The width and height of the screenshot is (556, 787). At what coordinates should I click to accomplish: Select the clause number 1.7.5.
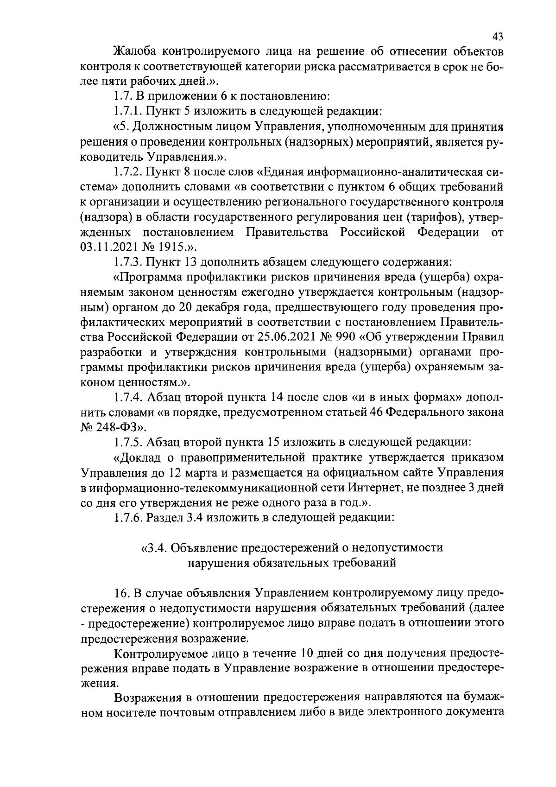point(129,443)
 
